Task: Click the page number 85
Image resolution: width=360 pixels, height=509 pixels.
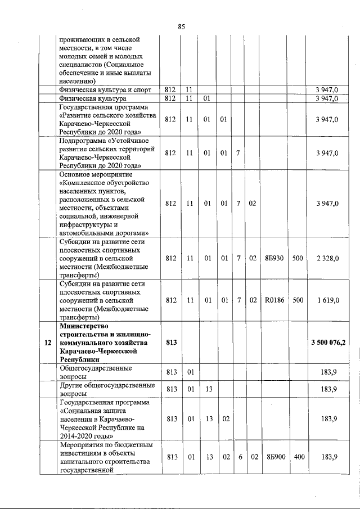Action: pos(181,26)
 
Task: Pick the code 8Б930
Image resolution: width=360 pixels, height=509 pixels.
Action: pos(274,258)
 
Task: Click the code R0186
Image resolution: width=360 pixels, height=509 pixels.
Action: pos(274,300)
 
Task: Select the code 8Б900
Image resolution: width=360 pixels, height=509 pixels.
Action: pos(274,457)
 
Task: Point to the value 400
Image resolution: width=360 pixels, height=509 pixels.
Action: pos(298,457)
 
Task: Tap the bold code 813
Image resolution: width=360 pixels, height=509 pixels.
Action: pos(172,343)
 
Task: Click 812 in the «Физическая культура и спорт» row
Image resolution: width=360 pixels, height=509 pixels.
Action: pos(172,89)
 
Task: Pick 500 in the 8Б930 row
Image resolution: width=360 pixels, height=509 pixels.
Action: pos(298,258)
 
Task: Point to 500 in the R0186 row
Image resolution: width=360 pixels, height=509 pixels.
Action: pos(298,300)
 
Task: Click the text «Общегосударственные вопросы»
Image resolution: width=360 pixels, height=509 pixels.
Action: pos(96,372)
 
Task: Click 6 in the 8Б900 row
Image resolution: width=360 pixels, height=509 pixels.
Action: pos(240,457)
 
